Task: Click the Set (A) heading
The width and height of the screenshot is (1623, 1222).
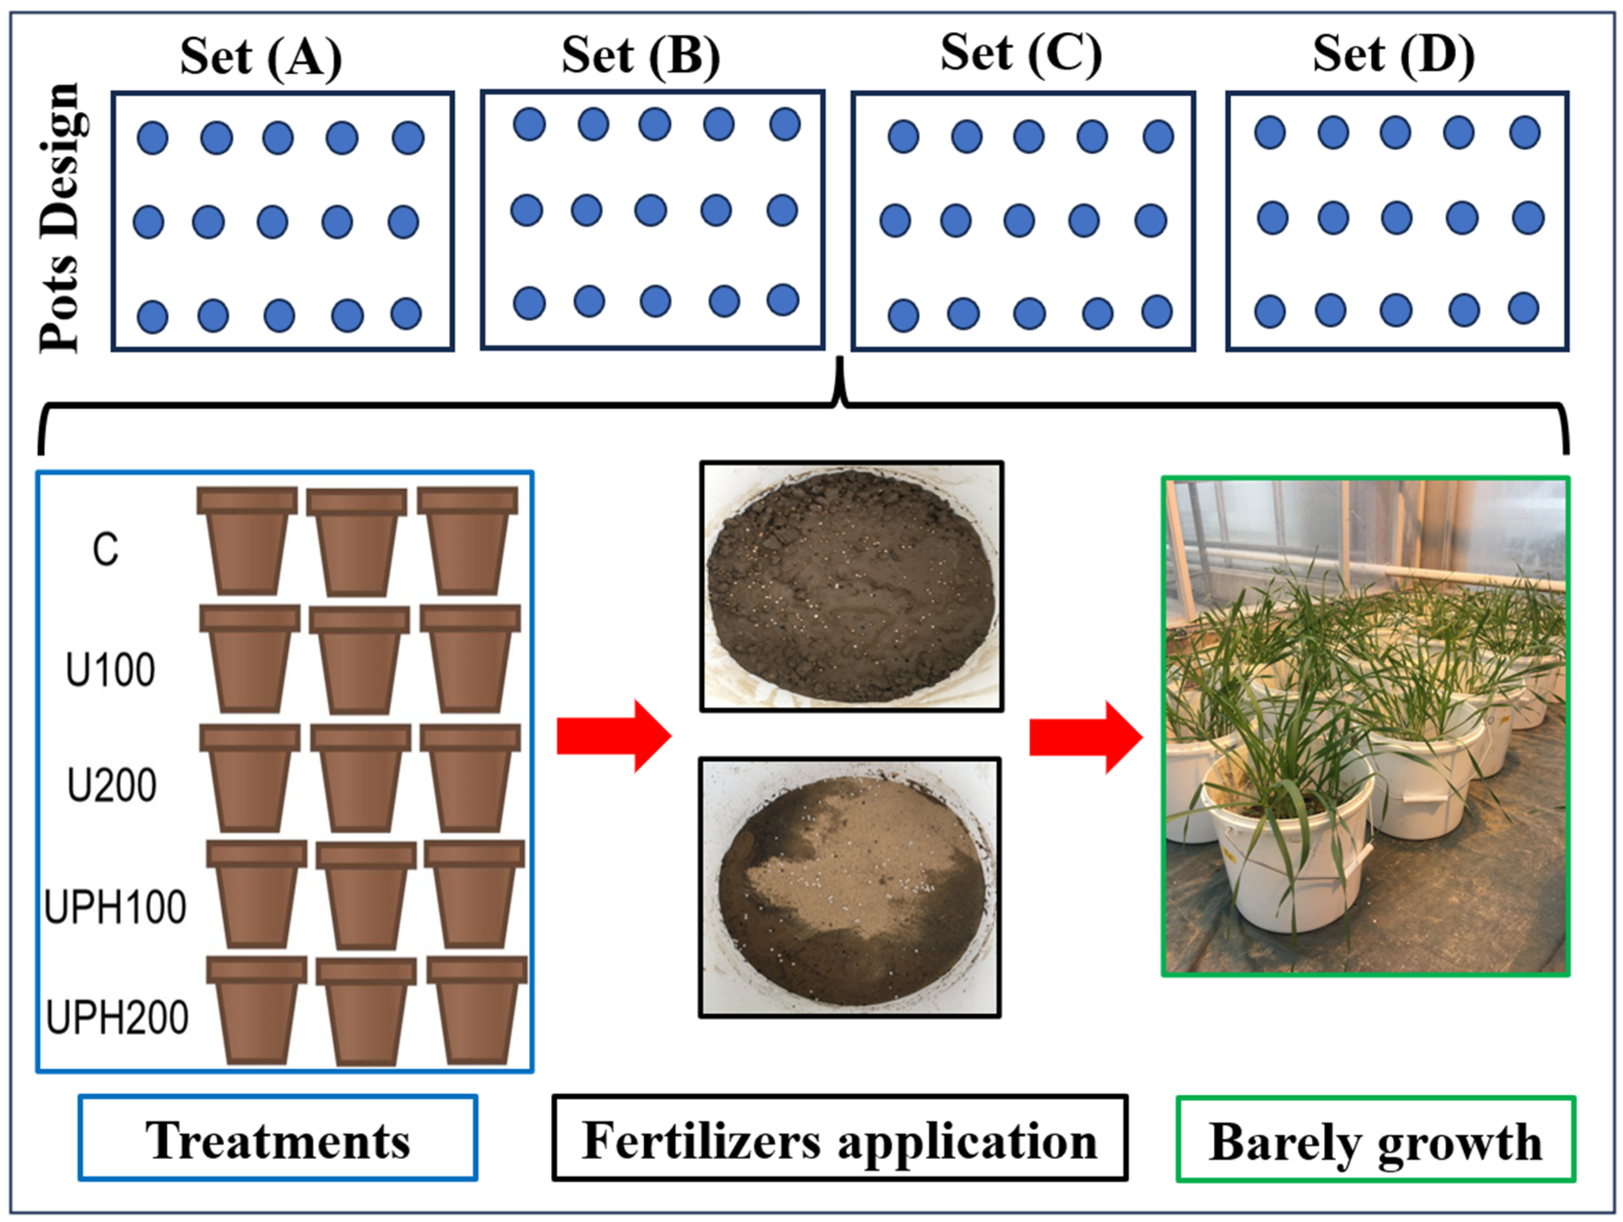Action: tap(261, 57)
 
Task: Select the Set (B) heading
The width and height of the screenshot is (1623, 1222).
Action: tap(641, 56)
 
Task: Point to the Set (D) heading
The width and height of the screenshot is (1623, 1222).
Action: tap(1393, 54)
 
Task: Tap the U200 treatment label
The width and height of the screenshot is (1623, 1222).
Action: tap(111, 785)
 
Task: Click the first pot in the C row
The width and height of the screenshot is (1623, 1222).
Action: tap(247, 541)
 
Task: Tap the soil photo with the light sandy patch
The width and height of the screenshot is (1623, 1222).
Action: tap(850, 888)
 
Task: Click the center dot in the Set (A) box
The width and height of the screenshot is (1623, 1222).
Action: tap(272, 222)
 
